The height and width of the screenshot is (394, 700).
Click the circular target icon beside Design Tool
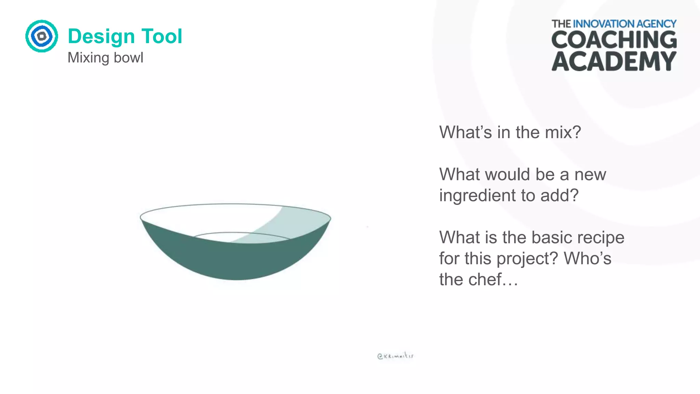tap(42, 36)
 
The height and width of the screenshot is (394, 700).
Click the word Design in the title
tap(101, 36)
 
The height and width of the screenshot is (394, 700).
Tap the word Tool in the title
tap(162, 36)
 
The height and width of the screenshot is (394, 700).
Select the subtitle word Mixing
tap(88, 58)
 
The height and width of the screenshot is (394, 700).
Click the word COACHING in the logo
tap(614, 40)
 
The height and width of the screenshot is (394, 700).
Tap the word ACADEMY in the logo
tap(614, 62)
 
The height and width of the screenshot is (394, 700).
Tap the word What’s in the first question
tap(466, 132)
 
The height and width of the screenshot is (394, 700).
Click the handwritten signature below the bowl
tap(395, 356)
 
